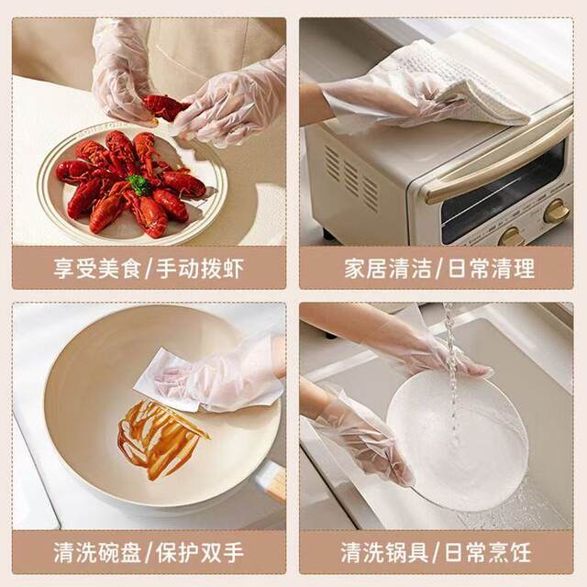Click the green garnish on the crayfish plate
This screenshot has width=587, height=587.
click(x=138, y=184)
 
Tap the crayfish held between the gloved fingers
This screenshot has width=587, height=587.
click(x=165, y=107)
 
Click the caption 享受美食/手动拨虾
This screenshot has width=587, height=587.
click(x=149, y=269)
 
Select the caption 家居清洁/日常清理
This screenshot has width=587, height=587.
click(x=439, y=269)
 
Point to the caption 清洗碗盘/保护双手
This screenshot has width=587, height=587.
click(x=149, y=552)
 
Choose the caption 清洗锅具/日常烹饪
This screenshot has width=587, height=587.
click(x=437, y=552)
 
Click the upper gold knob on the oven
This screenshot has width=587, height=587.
click(x=557, y=211)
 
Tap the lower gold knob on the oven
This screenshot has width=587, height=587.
click(x=512, y=237)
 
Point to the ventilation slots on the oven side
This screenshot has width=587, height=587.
click(x=351, y=177)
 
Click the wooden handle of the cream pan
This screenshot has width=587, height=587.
click(x=276, y=483)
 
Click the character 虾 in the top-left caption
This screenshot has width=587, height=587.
click(x=232, y=269)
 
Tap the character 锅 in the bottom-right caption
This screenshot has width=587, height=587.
click(x=395, y=552)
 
